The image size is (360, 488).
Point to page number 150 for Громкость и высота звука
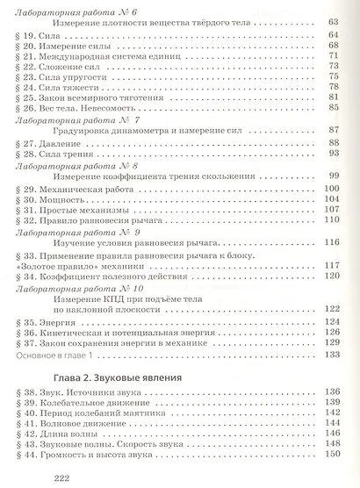click(x=331, y=453)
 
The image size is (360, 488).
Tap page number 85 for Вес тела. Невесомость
click(x=334, y=108)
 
